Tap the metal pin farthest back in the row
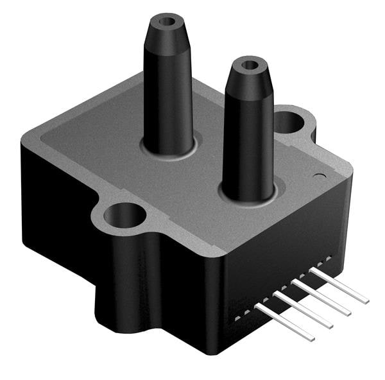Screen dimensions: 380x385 pyautogui.click(x=340, y=285)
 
